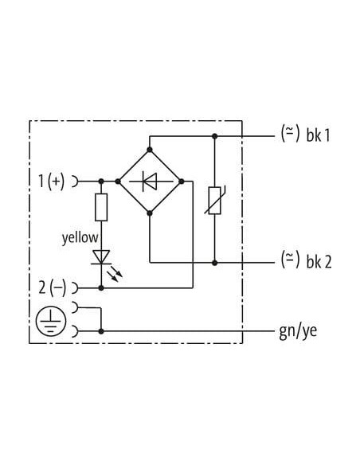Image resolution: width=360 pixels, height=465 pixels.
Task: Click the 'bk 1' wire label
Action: (x=318, y=135)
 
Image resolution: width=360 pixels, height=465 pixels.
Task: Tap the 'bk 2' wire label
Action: (x=319, y=261)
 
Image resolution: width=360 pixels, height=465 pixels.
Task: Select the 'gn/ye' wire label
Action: (x=298, y=331)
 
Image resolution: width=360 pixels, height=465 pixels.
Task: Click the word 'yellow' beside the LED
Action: (x=80, y=238)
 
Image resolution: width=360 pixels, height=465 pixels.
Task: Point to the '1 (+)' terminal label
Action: (x=51, y=181)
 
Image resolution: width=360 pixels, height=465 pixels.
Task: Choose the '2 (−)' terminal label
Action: (x=53, y=287)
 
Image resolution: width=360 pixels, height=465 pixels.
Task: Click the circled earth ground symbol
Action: (x=51, y=321)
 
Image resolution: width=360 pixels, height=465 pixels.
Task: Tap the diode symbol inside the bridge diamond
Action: (x=150, y=182)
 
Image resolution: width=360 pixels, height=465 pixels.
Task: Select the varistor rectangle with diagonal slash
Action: (x=215, y=201)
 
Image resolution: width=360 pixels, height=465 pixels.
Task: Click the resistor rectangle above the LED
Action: (x=101, y=207)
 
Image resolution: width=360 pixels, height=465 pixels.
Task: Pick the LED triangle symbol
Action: (x=101, y=257)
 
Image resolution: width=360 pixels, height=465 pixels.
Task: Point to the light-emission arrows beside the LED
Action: (x=115, y=274)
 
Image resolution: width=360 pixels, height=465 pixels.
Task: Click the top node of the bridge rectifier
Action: (x=150, y=150)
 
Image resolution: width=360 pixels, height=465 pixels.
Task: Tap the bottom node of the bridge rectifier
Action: (x=150, y=213)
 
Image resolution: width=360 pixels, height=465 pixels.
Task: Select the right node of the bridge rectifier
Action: (x=182, y=182)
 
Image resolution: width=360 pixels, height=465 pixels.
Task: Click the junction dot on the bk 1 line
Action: (x=215, y=136)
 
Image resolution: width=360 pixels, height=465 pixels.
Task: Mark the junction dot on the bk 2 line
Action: (x=215, y=263)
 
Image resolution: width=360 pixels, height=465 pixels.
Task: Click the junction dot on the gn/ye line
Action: (x=101, y=331)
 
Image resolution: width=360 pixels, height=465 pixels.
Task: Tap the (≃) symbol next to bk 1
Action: (x=291, y=134)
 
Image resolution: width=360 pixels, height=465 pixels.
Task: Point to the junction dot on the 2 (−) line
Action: (x=101, y=287)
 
